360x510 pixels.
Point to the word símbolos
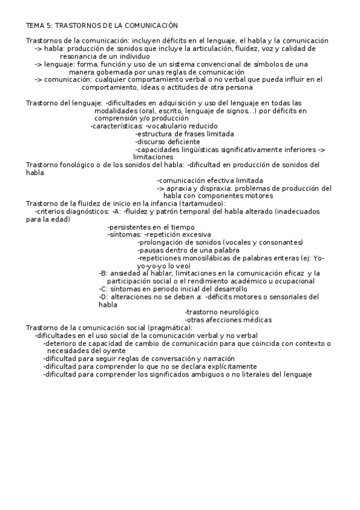[276, 63]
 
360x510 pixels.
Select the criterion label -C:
[103, 289]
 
